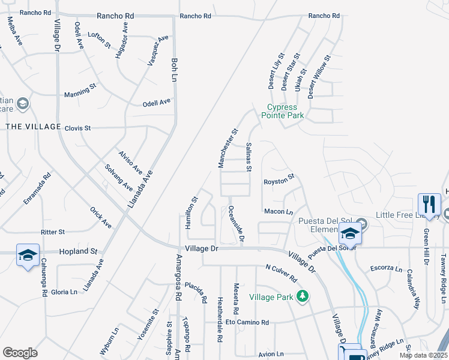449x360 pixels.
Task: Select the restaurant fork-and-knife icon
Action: [428, 204]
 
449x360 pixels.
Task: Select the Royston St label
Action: [280, 179]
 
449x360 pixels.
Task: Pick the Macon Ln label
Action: [279, 212]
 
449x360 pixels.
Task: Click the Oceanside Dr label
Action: [236, 223]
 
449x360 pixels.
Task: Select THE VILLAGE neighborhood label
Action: [33, 127]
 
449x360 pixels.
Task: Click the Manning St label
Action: [80, 91]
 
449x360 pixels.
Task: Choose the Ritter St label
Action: [52, 232]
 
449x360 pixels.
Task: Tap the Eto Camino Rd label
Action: [247, 322]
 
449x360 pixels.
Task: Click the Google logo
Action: [20, 353]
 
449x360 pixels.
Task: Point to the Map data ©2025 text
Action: [423, 355]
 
